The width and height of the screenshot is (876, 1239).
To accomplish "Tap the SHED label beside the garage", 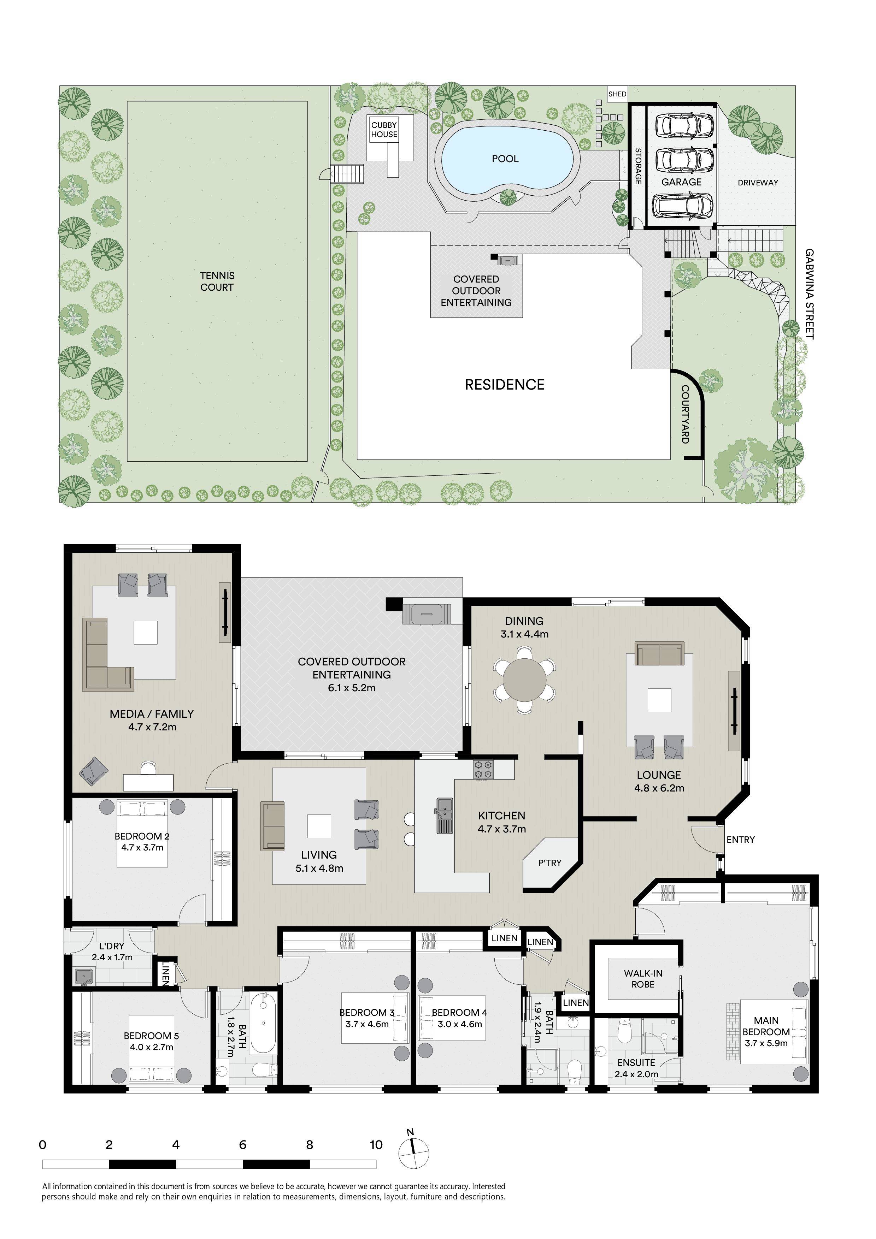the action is pos(617,94).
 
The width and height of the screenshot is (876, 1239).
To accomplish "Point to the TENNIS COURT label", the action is pos(217,281).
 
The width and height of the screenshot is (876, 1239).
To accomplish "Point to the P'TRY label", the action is pos(549,863).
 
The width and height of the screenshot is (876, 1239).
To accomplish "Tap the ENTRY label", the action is pos(741,839).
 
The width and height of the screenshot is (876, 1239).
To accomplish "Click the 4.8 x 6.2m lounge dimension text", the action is pos(659,788).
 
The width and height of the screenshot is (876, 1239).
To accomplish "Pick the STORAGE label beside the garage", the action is pos(637,166).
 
